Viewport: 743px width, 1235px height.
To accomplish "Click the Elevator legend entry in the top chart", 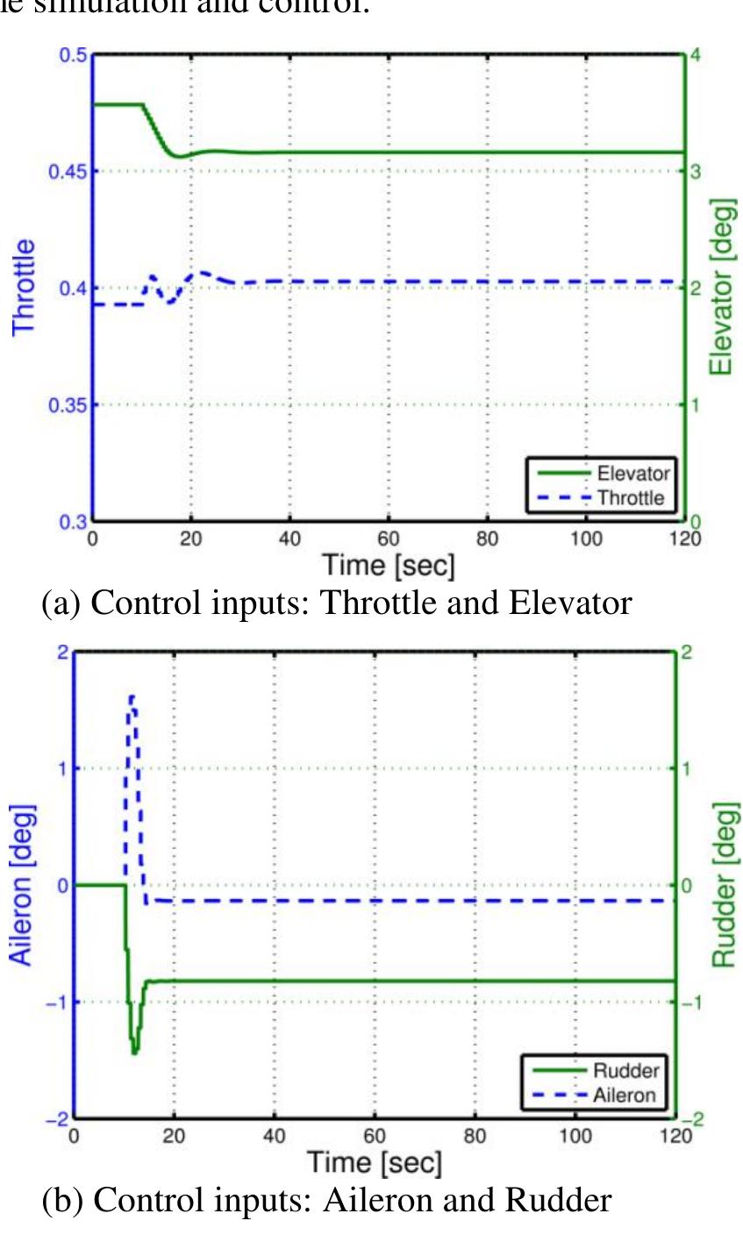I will point(632,474).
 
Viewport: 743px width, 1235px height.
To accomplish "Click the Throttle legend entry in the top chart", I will point(631,498).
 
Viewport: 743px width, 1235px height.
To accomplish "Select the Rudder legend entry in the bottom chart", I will point(625,1071).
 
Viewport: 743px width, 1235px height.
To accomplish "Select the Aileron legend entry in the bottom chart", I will point(624,1096).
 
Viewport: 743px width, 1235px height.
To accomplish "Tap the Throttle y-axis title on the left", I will point(24,286).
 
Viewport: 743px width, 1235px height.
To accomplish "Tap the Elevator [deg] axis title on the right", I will point(721,286).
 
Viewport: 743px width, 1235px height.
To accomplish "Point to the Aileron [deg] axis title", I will point(21,884).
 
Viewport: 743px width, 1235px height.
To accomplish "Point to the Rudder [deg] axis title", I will point(723,884).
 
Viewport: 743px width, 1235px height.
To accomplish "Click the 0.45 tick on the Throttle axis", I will point(72,171).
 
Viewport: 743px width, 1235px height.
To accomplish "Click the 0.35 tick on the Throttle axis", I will point(72,405).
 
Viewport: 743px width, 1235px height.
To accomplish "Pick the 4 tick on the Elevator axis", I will point(696,55).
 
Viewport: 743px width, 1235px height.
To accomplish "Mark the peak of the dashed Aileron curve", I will point(132,697).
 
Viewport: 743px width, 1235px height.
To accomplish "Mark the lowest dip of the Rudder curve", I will point(134,1052).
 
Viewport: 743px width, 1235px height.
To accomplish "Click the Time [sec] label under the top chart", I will point(389,566).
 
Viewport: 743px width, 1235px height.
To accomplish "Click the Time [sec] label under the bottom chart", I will point(375,1163).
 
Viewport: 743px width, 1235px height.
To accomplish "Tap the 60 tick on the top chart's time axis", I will point(389,538).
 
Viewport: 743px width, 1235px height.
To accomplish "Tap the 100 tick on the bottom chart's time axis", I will point(575,1136).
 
